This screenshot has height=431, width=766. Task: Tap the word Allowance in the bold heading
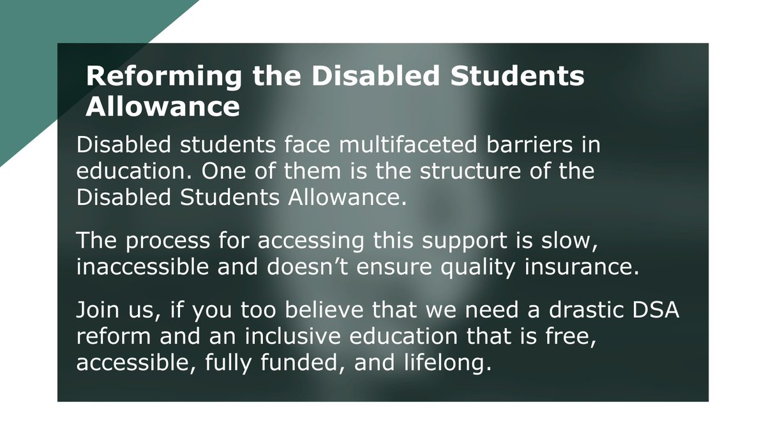(x=163, y=107)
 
